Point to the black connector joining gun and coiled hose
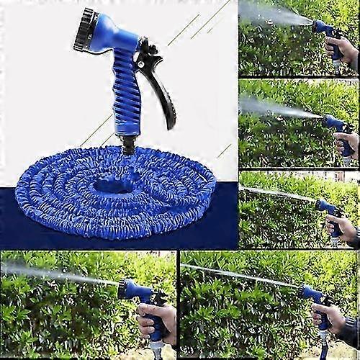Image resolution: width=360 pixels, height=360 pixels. [128, 144]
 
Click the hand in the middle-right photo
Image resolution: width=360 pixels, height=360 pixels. [347, 144]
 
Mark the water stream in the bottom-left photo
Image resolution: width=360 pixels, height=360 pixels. [58, 274]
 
